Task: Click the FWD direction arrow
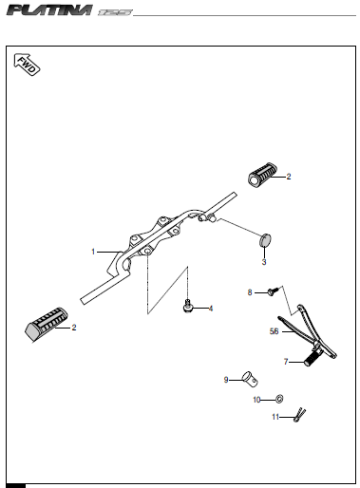(x=27, y=65)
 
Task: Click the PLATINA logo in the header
(x=49, y=10)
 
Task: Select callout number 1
(x=93, y=252)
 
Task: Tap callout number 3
(x=264, y=262)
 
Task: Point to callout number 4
(x=211, y=309)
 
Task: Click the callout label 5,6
(x=274, y=331)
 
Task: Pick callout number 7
(x=286, y=362)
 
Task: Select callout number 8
(x=250, y=292)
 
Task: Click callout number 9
(x=226, y=380)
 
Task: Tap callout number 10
(x=256, y=400)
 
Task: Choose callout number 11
(x=275, y=417)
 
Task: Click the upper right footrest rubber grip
(x=262, y=174)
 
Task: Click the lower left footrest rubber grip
(x=47, y=324)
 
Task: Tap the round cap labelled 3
(x=266, y=239)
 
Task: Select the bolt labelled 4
(x=188, y=306)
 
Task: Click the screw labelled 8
(x=274, y=291)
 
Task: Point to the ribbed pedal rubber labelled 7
(x=313, y=359)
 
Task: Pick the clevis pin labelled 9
(x=250, y=379)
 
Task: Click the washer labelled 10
(x=279, y=399)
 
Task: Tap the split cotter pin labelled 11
(x=299, y=415)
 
